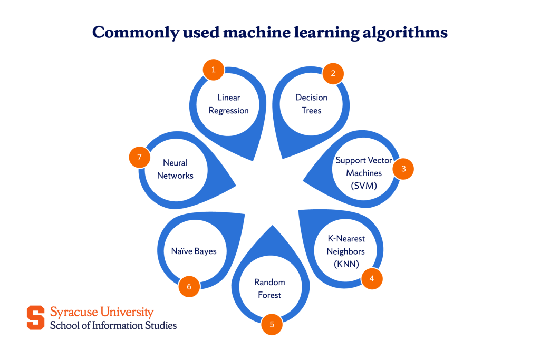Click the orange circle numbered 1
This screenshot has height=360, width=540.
point(214,69)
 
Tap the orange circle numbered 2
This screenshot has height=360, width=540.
point(333,73)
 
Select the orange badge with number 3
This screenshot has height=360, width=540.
point(403,169)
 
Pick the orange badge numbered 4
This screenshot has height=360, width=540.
point(372,278)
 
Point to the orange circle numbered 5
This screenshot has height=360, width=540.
point(272,324)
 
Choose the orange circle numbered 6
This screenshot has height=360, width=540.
point(189,286)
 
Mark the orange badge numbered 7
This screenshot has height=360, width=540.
point(139,157)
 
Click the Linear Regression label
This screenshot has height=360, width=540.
point(229,104)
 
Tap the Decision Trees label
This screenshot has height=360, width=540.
point(311,104)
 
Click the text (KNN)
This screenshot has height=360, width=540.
point(346,264)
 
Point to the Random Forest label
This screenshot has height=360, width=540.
point(269,288)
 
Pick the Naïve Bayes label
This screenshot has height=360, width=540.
point(194,251)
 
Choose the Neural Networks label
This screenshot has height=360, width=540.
point(175,169)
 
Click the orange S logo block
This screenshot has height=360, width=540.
point(36,317)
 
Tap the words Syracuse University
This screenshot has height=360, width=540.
point(102,312)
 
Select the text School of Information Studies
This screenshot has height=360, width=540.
point(113,325)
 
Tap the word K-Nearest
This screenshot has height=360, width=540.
point(346,239)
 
